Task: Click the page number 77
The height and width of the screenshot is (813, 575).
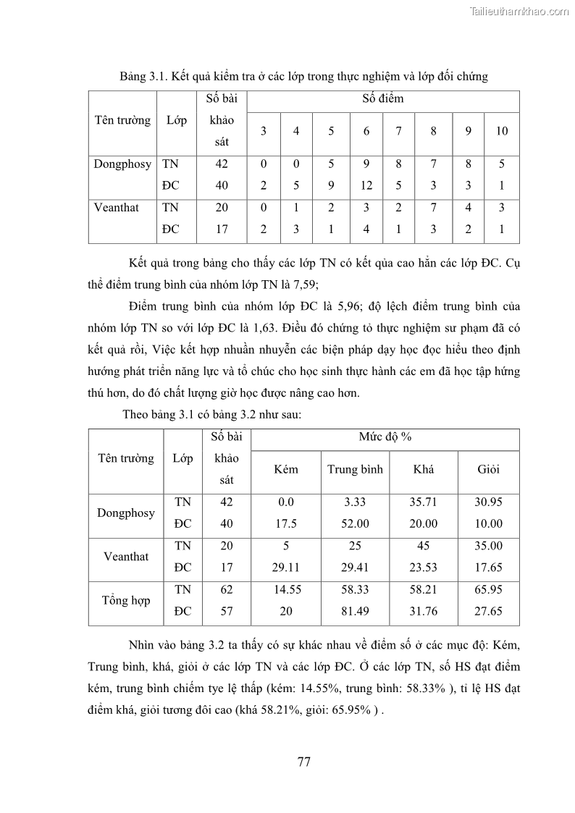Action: point(304,761)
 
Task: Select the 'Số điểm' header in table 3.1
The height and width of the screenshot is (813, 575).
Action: point(382,98)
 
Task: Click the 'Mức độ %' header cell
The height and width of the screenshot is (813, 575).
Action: point(385,437)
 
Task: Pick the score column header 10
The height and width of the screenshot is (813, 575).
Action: point(502,131)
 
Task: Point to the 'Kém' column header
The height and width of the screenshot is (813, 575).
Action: point(286,469)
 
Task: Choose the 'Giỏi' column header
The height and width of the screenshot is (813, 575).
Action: point(488,469)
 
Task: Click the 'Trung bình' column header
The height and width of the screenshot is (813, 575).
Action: point(355,469)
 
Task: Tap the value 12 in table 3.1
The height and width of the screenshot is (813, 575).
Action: point(366,185)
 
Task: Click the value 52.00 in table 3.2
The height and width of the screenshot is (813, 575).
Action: point(355,523)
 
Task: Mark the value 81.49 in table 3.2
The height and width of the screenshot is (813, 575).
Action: point(355,611)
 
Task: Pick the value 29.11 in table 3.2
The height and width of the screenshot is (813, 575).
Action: point(286,568)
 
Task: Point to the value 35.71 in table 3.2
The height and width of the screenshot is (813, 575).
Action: point(424,502)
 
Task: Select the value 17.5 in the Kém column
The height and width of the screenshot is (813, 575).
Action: point(286,523)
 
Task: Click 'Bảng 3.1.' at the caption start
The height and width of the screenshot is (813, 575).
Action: point(143,76)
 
